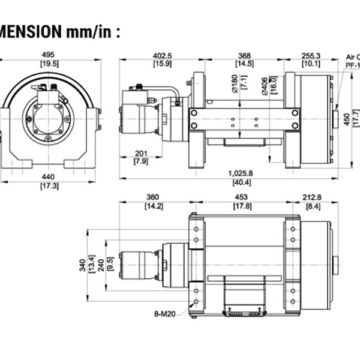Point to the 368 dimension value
tap(243, 55)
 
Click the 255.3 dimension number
tap(311, 55)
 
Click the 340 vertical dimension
tap(82, 265)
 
